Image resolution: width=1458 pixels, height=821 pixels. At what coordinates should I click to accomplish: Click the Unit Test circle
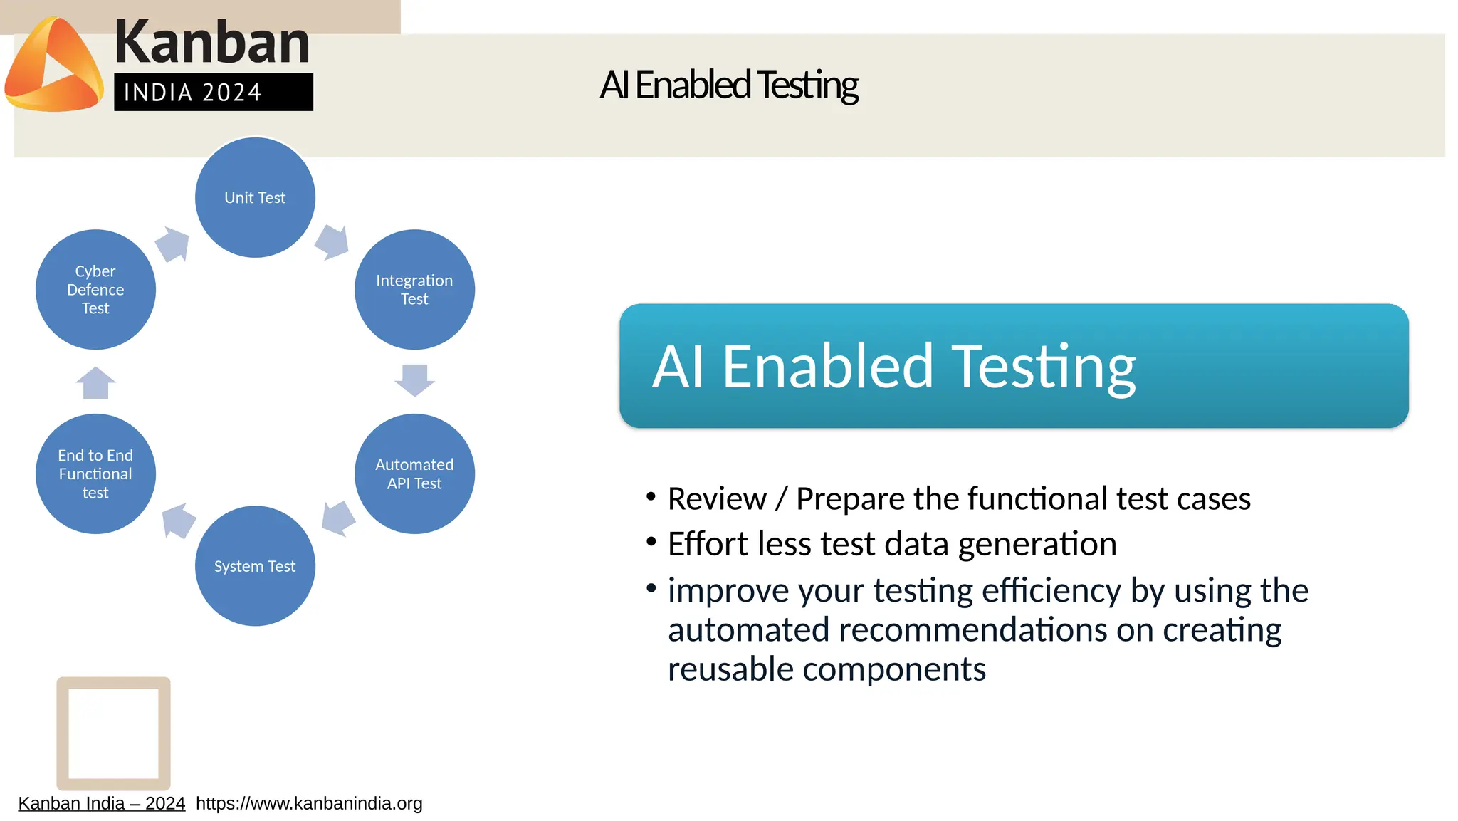coord(255,197)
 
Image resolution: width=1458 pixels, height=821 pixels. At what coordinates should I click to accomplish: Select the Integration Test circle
coord(414,289)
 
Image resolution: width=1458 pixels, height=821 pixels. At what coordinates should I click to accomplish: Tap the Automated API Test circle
coord(414,474)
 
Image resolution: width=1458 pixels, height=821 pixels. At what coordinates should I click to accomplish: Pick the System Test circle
coord(255,566)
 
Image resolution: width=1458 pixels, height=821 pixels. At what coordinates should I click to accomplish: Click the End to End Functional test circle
coord(95,474)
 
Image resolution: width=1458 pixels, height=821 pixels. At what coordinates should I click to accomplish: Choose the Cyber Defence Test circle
coord(95,289)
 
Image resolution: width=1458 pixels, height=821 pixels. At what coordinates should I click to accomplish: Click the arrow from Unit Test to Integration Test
coord(332,243)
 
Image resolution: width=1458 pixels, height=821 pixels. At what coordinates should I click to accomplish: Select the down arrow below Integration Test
coord(414,380)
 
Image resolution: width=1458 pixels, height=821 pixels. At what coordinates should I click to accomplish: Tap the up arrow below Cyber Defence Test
coord(95,383)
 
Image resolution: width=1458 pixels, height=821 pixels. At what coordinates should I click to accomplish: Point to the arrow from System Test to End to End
coord(178,521)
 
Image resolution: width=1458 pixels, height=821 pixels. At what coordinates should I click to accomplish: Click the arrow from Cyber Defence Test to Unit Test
coord(172,244)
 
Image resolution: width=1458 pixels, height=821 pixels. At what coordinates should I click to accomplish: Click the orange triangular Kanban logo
coord(53,66)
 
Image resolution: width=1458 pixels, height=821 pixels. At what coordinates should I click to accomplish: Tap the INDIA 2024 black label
coord(213,92)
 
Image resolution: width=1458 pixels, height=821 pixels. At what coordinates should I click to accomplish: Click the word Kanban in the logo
coord(211,42)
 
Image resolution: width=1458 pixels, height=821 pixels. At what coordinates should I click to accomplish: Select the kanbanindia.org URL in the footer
coord(309,803)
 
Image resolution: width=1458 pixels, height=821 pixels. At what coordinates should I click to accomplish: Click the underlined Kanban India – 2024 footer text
coord(101,803)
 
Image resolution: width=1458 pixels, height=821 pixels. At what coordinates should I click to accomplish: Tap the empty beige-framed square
coord(113,733)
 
